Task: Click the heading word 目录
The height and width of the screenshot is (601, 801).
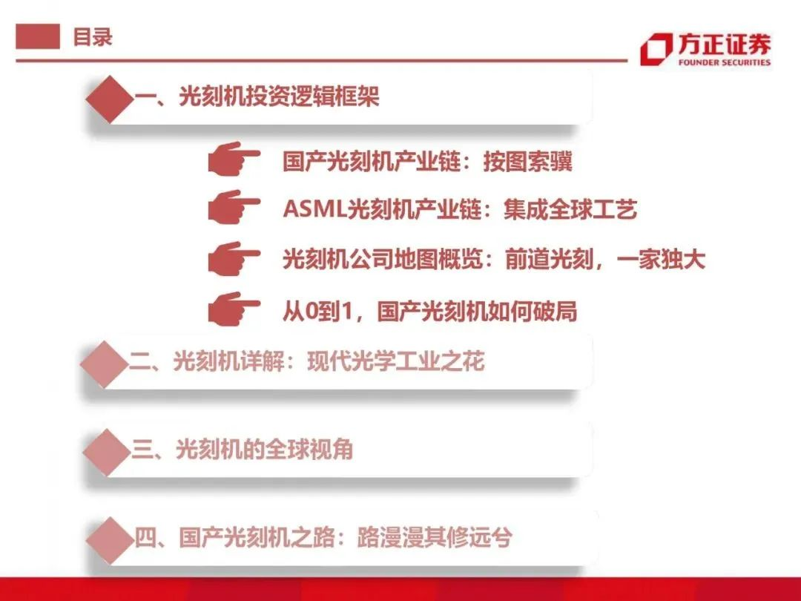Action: click(x=93, y=37)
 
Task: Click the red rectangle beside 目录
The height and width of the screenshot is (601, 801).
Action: click(x=38, y=36)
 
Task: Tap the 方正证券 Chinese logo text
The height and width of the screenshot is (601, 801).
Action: click(x=725, y=45)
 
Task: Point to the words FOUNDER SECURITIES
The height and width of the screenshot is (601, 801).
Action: click(x=725, y=62)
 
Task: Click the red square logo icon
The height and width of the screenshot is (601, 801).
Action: click(x=656, y=49)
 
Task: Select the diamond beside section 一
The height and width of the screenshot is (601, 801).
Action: click(x=109, y=99)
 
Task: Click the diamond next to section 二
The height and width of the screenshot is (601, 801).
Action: click(x=105, y=364)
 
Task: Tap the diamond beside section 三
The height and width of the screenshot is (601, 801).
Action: click(x=107, y=453)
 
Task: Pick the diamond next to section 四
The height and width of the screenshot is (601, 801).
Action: click(x=110, y=540)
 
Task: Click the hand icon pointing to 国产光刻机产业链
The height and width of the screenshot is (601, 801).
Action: click(x=234, y=159)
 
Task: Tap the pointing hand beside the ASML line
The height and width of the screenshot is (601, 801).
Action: click(x=234, y=207)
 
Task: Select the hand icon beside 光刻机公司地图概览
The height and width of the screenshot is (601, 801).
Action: click(x=234, y=259)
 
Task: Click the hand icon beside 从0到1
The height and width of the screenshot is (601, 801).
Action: click(x=234, y=309)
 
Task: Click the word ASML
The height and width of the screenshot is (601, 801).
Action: click(x=314, y=209)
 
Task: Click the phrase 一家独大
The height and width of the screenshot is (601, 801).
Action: click(x=661, y=259)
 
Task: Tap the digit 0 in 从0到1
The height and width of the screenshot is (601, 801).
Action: click(x=311, y=311)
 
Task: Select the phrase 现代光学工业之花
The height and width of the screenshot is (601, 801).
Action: click(x=396, y=361)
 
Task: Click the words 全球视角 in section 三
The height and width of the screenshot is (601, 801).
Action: click(x=309, y=450)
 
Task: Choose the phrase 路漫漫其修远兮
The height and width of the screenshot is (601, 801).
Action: click(x=434, y=538)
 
